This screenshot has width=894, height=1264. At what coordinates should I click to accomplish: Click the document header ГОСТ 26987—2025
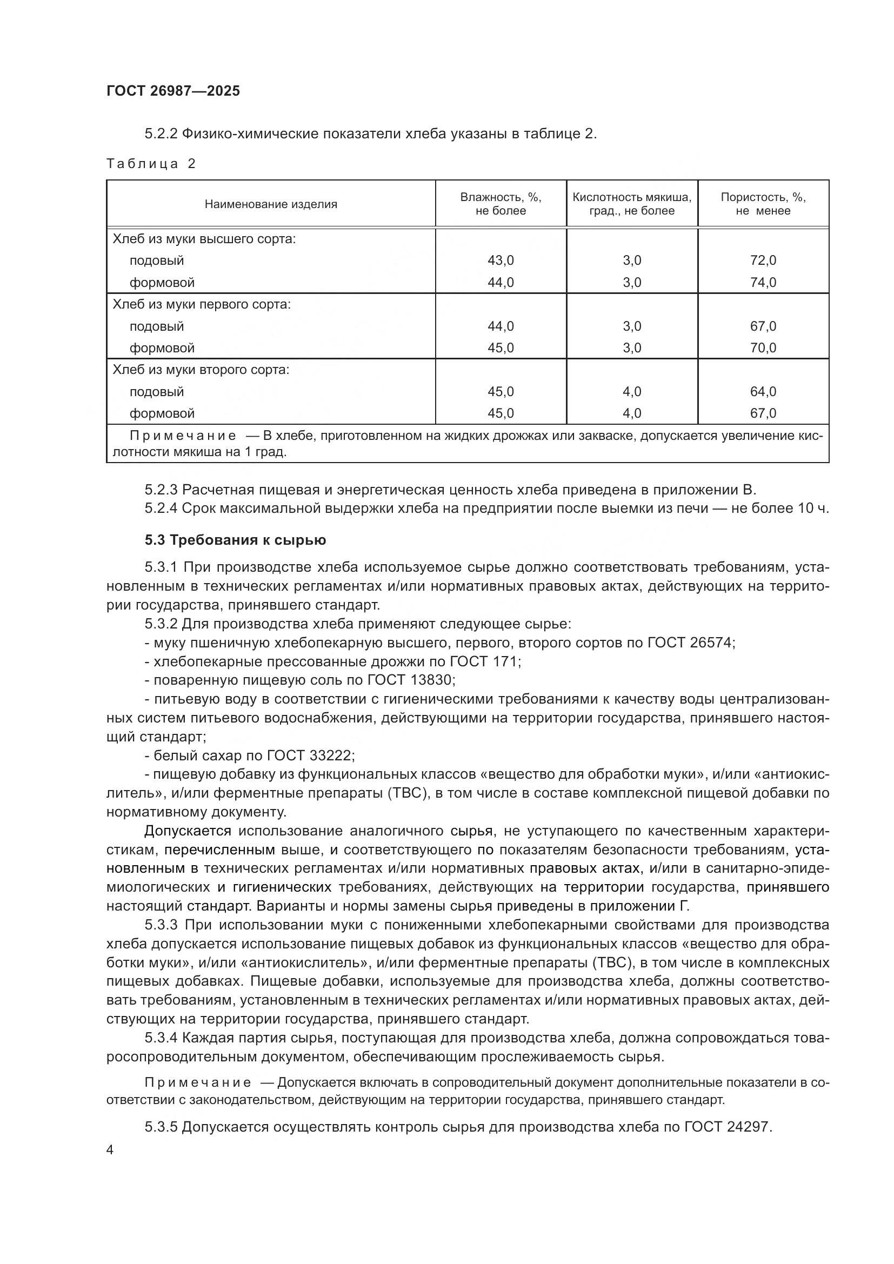coord(173,91)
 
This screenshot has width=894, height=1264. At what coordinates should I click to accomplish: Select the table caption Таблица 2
coord(151,164)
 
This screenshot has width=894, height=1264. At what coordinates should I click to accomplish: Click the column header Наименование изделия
coord(270,204)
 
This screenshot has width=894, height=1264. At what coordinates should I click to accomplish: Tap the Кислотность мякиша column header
coord(631,204)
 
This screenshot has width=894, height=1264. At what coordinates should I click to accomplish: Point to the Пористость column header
coord(763,204)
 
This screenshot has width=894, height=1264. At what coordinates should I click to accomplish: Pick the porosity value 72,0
coord(763,260)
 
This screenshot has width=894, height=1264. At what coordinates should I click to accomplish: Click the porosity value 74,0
coord(763,283)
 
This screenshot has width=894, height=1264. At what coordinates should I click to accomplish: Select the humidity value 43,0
coord(501,260)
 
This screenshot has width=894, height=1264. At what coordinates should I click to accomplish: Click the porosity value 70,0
coord(763,348)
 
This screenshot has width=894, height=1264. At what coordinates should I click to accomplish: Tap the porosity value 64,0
coord(763,391)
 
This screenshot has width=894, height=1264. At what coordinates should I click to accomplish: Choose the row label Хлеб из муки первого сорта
coord(202,304)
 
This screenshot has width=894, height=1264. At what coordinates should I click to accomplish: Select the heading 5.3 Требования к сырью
coord(235,540)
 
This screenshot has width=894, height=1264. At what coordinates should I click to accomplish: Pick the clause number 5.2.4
coord(161,508)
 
